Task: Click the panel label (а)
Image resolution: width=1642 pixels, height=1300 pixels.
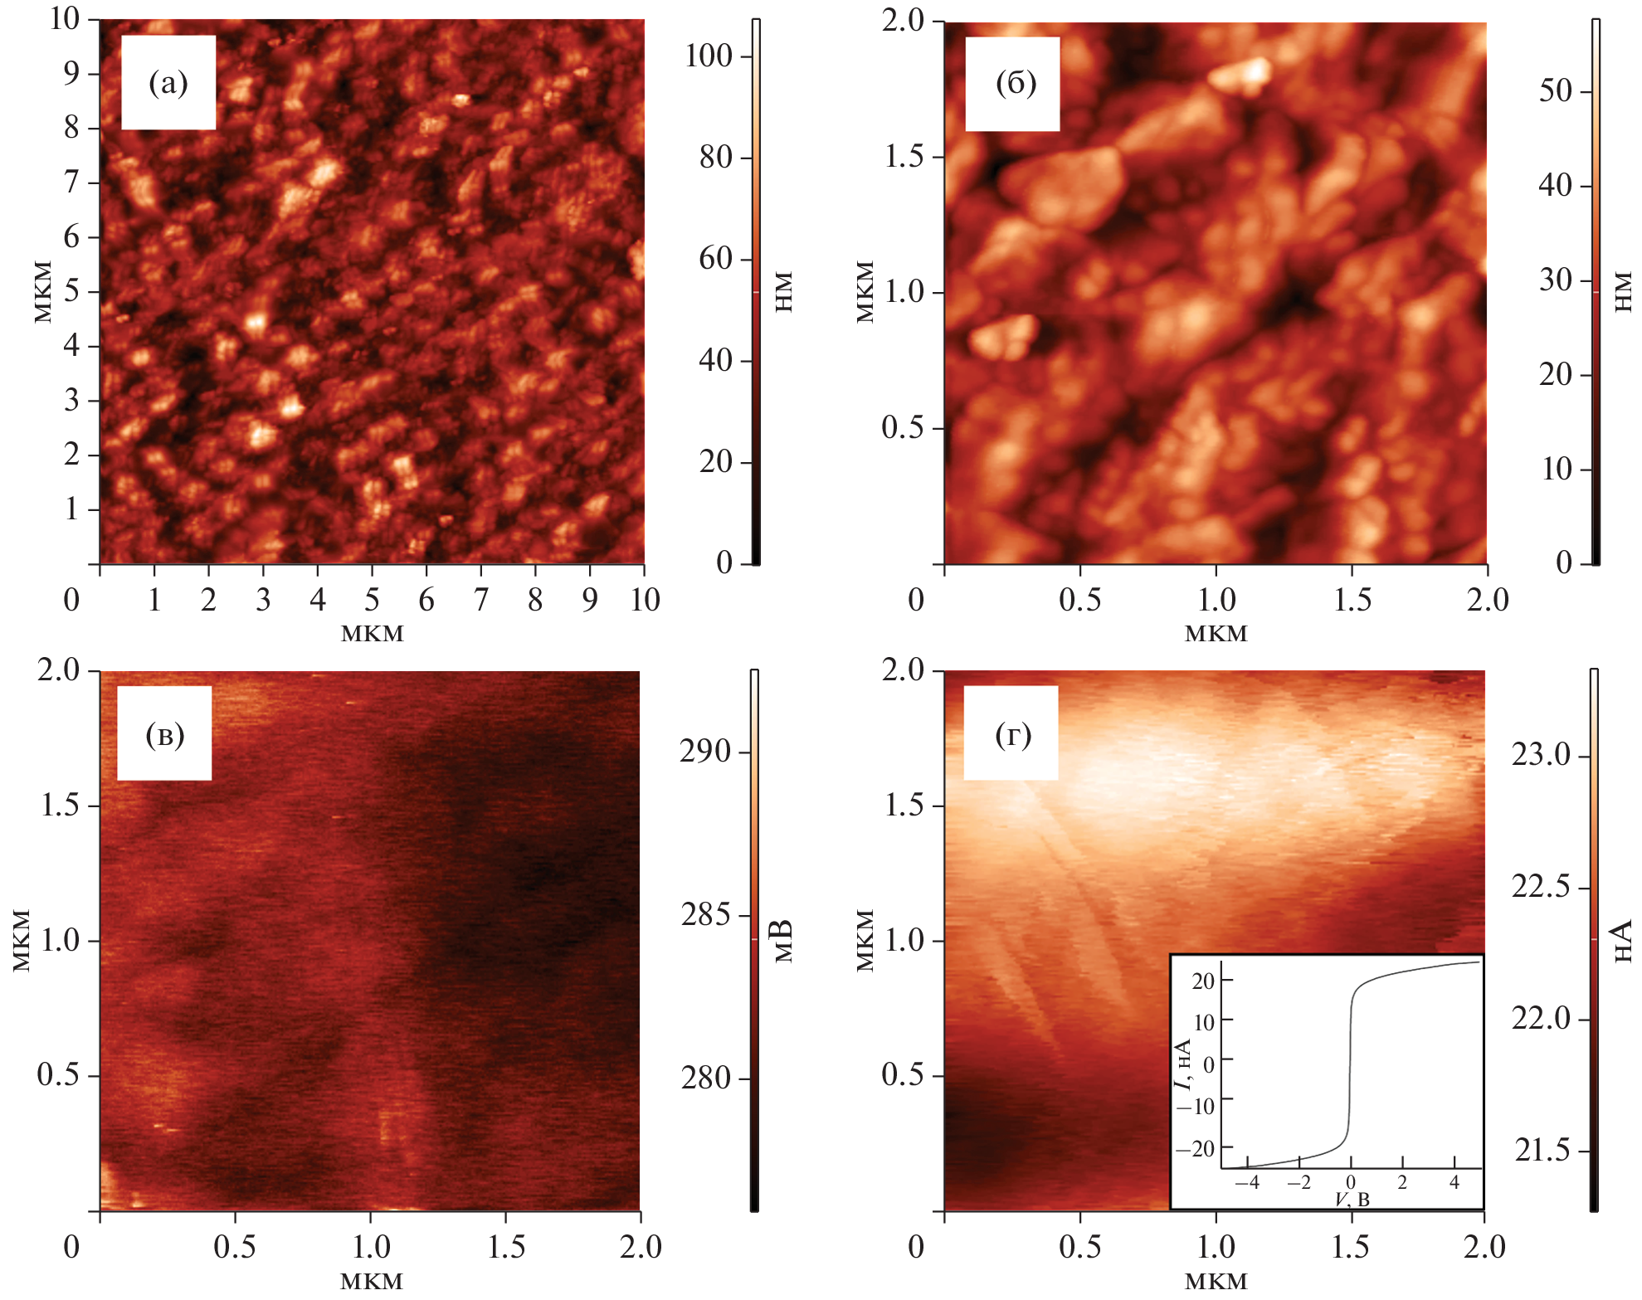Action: tap(168, 83)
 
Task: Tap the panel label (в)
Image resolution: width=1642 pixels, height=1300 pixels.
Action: tap(164, 734)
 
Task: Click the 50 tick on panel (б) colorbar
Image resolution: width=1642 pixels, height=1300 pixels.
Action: tap(1556, 91)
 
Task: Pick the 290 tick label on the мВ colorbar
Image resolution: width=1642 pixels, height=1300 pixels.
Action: tap(704, 752)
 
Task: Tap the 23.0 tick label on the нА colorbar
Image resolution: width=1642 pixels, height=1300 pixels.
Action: tap(1541, 756)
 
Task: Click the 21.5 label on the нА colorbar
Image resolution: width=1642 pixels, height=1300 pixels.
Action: tap(1542, 1151)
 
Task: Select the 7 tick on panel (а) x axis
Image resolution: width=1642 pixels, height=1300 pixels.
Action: tap(481, 599)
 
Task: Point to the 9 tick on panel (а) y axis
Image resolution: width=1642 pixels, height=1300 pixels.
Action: tap(72, 73)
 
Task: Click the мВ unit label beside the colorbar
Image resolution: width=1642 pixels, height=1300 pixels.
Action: tap(783, 940)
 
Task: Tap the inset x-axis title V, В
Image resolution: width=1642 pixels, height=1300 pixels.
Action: tap(1352, 1199)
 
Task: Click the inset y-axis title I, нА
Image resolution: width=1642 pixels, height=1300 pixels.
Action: tap(1183, 1064)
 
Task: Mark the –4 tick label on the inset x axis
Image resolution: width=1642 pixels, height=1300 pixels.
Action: tap(1246, 1183)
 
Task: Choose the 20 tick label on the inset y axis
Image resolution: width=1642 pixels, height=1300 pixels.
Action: tap(1203, 981)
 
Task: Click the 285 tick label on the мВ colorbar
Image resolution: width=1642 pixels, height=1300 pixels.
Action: tap(704, 915)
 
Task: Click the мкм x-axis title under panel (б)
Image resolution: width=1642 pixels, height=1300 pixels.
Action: tap(1216, 634)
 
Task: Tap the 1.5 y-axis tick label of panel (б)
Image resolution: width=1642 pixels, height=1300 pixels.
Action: tap(904, 156)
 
